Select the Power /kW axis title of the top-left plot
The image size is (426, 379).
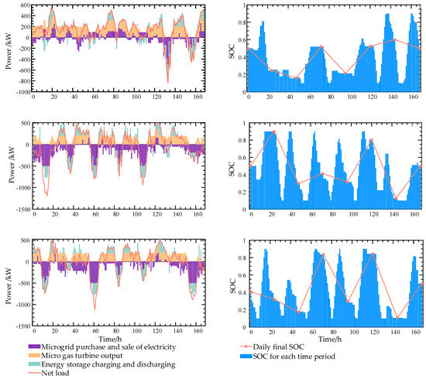(x=7, y=48)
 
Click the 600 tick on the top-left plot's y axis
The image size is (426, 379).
(x=23, y=5)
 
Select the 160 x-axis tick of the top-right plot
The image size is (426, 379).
(x=414, y=98)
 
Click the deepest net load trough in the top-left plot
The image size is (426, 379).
(x=167, y=83)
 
